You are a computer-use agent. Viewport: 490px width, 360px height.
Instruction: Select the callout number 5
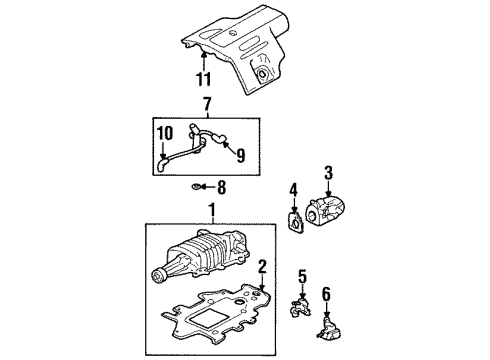[x=302, y=274]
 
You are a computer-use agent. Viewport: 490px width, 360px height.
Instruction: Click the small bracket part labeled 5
[x=299, y=305]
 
